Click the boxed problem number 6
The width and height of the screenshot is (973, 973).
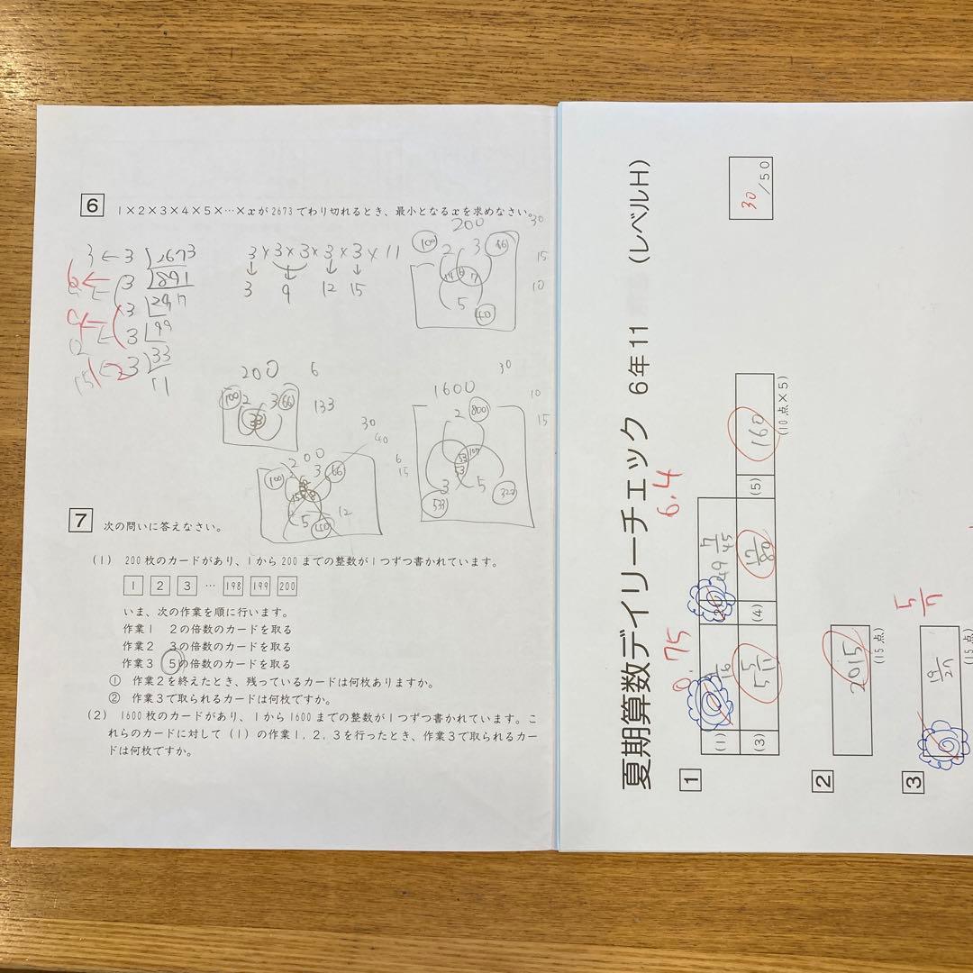(91, 205)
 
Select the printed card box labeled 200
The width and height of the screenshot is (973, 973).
(286, 587)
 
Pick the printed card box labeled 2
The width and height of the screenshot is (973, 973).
(159, 587)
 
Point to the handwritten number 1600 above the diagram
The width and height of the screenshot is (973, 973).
(450, 389)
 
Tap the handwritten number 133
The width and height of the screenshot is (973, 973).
(323, 406)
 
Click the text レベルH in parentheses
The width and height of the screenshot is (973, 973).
(640, 213)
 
